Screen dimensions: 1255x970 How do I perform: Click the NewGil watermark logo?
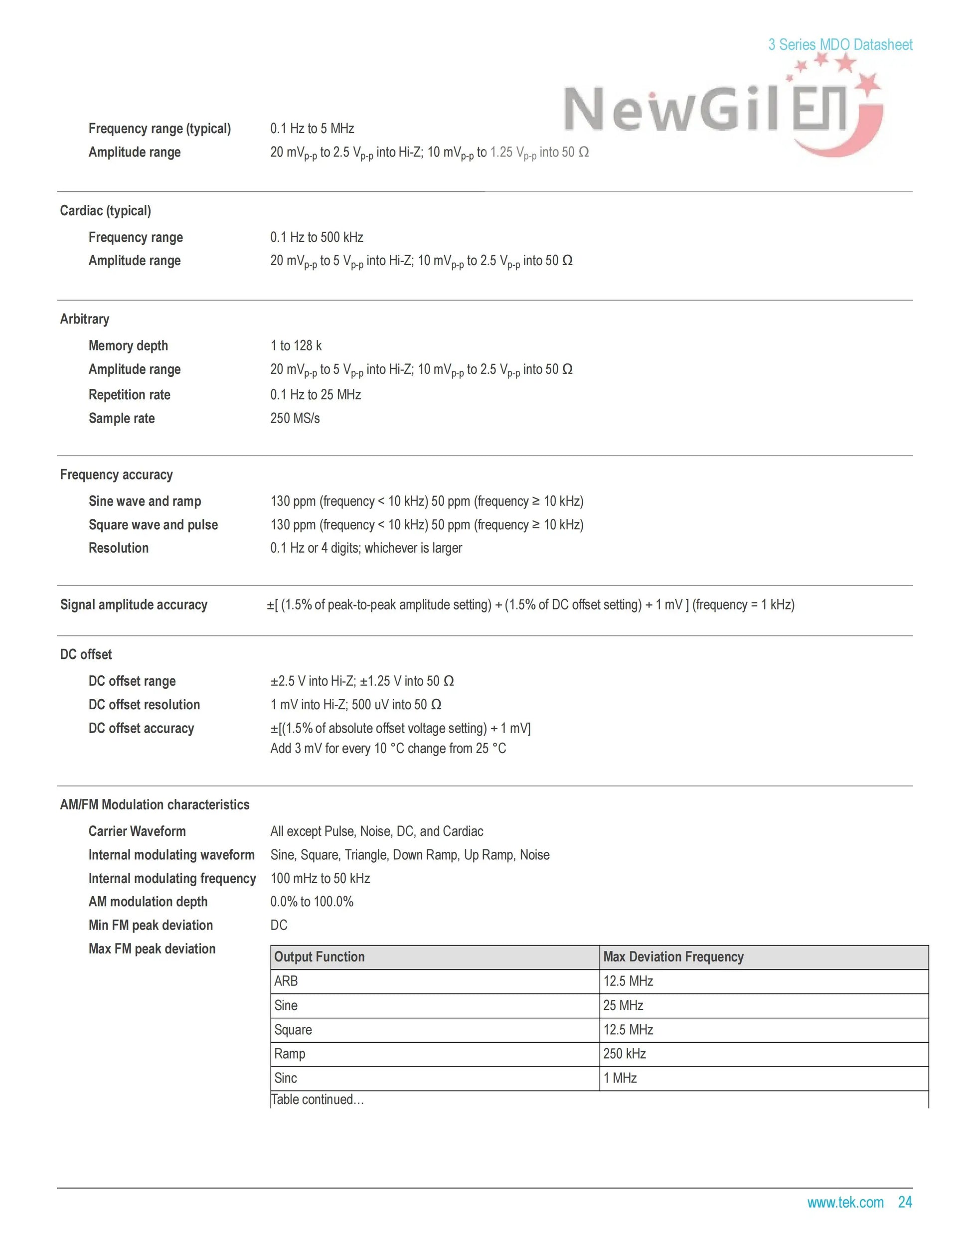click(721, 109)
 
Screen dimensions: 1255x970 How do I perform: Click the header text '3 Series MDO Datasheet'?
click(840, 45)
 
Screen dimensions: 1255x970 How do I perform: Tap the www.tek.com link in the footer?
click(845, 1202)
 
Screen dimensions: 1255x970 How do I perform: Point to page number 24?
click(905, 1202)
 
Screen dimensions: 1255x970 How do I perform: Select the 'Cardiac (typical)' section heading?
click(105, 211)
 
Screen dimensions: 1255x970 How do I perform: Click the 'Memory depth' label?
click(128, 346)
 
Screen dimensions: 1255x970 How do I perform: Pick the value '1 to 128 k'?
click(296, 346)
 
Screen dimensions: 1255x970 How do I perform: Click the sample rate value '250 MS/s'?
click(295, 418)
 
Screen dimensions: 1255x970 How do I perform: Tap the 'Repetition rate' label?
click(129, 395)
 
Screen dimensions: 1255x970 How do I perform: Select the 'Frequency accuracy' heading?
click(116, 474)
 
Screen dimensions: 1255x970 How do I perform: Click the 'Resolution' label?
click(118, 548)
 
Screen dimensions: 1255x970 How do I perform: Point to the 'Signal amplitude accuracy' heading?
click(133, 605)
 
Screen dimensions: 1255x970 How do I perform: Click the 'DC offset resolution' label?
click(144, 704)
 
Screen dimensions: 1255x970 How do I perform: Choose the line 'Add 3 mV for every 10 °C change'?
click(388, 749)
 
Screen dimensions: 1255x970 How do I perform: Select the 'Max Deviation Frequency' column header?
click(673, 957)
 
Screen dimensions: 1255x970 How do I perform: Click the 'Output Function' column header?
click(320, 957)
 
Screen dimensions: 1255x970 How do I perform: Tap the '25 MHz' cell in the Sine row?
click(623, 1006)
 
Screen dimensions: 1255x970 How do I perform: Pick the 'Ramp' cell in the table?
click(290, 1054)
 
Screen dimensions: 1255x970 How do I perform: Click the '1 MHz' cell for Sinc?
click(620, 1078)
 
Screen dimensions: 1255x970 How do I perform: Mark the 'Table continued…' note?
click(317, 1100)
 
